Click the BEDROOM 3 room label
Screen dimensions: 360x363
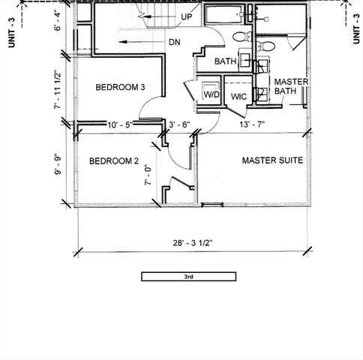[x=120, y=88]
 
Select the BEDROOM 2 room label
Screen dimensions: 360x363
[x=114, y=160]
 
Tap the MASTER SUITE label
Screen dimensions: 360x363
[x=272, y=160]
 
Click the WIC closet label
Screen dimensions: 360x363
[x=239, y=97]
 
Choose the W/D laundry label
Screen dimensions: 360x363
[x=212, y=95]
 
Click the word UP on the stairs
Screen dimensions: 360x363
[x=187, y=16]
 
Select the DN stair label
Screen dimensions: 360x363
[x=175, y=42]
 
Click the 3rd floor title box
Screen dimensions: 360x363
[x=189, y=277]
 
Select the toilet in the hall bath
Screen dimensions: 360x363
[x=238, y=36]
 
